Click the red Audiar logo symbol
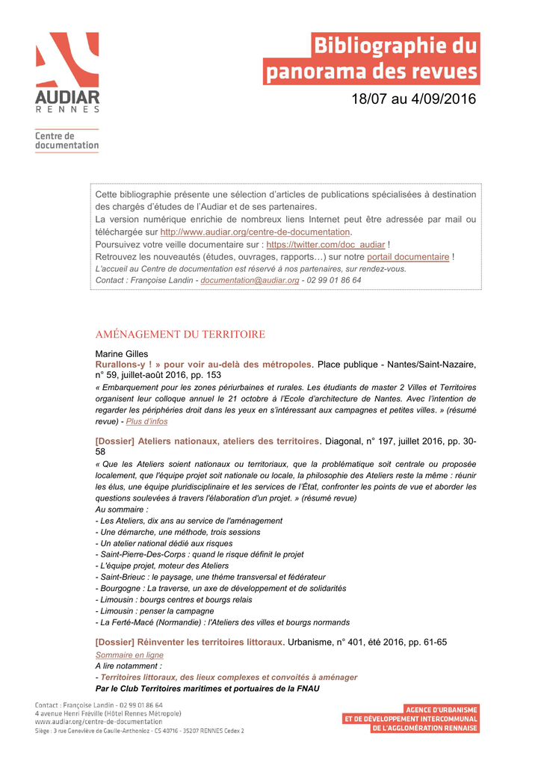point(67,60)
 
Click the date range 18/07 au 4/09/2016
point(413,99)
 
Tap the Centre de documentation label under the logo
point(67,140)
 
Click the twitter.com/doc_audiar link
point(326,244)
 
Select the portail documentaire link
point(408,257)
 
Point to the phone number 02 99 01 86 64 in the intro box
point(335,280)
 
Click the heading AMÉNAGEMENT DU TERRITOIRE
point(180,334)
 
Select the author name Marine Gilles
point(122,353)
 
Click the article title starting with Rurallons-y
point(203,364)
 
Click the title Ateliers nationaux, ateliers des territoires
point(208,441)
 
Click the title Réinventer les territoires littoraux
point(190,642)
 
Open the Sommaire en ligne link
point(129,654)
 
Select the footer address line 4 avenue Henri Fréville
point(108,713)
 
